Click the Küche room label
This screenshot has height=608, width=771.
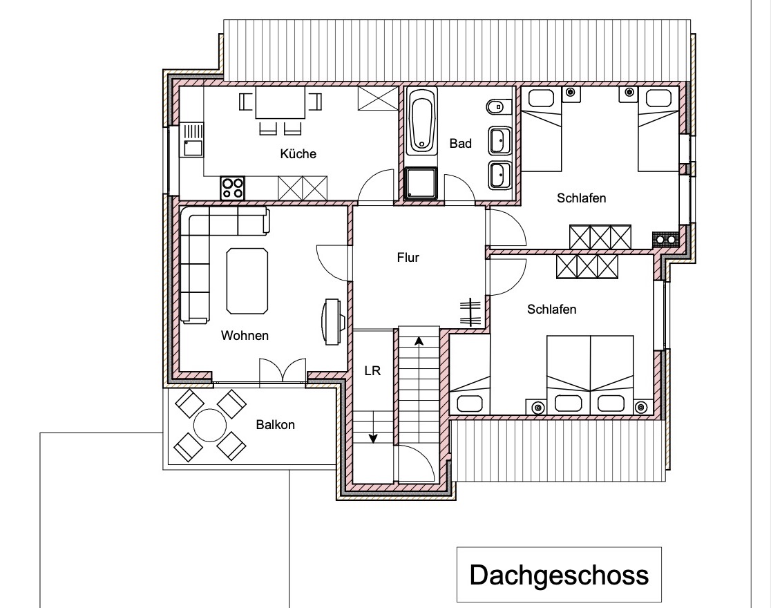298,153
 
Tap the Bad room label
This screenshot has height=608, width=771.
460,143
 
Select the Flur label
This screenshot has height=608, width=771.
408,257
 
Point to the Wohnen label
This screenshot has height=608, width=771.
245,336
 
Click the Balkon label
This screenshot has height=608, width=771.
276,424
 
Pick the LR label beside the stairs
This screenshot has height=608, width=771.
372,370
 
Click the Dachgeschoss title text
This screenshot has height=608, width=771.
559,575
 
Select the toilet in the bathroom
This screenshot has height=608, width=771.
498,106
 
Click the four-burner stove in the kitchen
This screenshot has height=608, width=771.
233,188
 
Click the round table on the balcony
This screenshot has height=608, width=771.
210,425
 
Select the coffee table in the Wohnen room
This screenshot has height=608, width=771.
247,281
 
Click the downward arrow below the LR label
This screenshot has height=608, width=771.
373,428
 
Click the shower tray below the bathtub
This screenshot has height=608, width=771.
421,182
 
